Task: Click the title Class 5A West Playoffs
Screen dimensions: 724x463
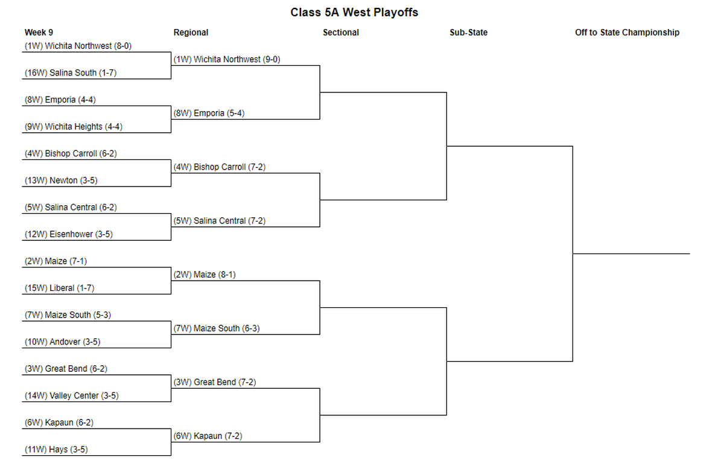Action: (354, 12)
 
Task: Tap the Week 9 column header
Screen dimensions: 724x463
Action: (39, 33)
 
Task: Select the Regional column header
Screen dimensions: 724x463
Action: (191, 33)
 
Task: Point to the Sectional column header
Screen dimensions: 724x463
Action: (341, 33)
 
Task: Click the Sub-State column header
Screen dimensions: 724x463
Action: (468, 33)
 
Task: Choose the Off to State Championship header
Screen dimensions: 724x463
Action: (627, 33)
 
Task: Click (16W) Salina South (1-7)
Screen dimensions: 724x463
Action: (71, 73)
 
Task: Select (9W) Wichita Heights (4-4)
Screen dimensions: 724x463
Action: (74, 126)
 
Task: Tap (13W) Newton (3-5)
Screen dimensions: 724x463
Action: (61, 180)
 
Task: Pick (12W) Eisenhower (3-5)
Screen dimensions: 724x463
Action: (69, 234)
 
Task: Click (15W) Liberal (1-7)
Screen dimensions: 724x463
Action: (60, 288)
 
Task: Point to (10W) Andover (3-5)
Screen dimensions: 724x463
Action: (62, 342)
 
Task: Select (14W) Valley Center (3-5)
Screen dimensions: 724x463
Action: (71, 395)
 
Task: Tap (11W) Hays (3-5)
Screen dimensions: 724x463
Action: (56, 450)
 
